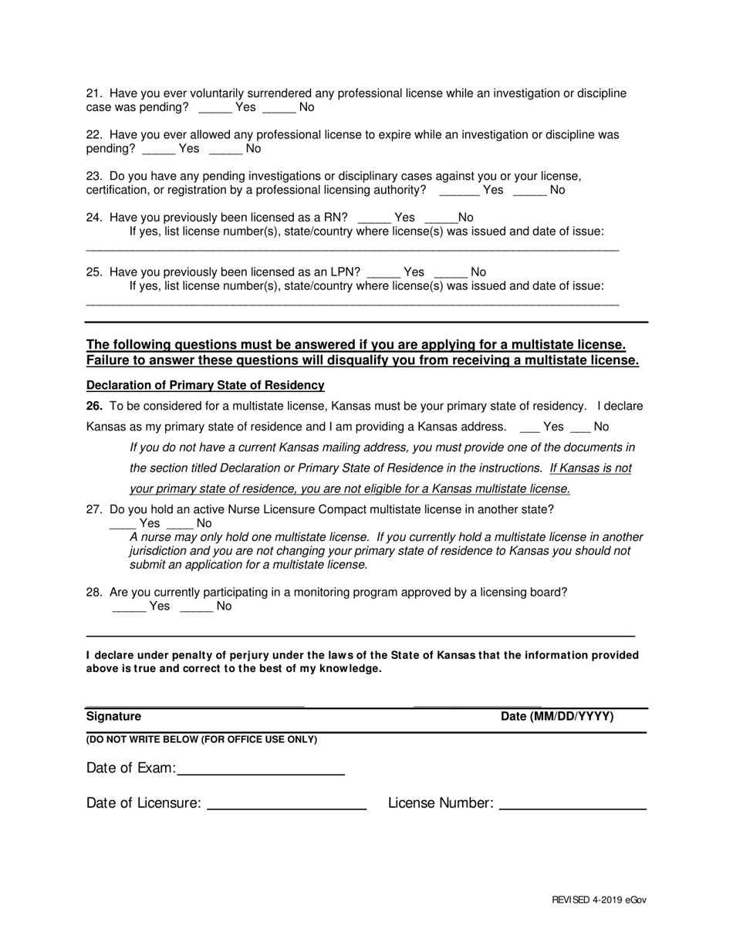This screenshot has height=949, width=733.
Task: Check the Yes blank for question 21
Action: (214, 108)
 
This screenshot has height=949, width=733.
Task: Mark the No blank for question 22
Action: (225, 149)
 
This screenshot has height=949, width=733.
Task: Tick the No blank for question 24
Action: (441, 218)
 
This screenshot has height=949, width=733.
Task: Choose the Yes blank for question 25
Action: (383, 272)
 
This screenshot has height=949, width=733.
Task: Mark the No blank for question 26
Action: (579, 427)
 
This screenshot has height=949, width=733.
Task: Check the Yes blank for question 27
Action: (123, 524)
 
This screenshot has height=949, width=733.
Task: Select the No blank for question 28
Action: (196, 607)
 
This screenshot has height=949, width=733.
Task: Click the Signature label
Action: (113, 717)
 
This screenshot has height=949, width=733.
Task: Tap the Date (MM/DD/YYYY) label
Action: (557, 717)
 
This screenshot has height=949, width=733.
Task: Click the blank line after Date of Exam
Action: (261, 769)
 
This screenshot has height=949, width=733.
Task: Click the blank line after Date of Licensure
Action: (287, 804)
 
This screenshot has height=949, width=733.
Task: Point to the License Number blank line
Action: (573, 804)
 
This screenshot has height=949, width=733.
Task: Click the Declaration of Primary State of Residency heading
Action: (205, 385)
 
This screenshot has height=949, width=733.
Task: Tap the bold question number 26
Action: (94, 407)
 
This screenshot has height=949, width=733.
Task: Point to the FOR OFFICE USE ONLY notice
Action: (201, 740)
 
